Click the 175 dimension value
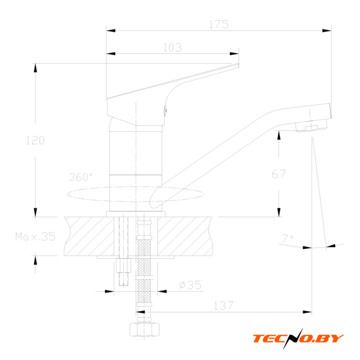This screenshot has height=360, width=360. tap(219, 24)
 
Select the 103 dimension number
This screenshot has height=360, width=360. tap(173, 48)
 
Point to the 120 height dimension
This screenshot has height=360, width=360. tap(35, 140)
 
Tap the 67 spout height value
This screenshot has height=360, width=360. tap(278, 174)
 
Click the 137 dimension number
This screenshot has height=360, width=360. tap(223, 305)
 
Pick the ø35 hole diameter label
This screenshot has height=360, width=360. tap(190, 285)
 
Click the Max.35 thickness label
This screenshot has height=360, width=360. tap(35, 236)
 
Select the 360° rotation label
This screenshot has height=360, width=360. tap(80, 177)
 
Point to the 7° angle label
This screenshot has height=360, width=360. tap(287, 238)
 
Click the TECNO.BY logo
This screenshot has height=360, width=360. tap(298, 339)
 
